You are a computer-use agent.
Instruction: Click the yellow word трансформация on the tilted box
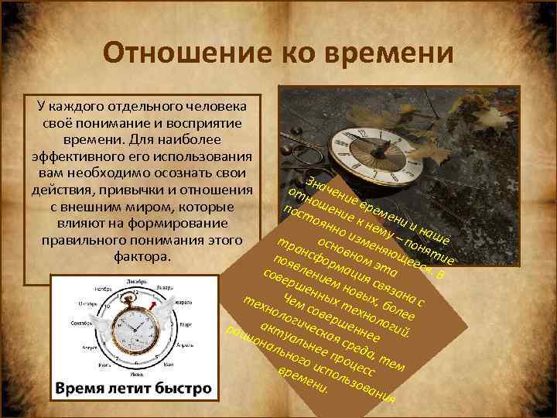click(x=322, y=263)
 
